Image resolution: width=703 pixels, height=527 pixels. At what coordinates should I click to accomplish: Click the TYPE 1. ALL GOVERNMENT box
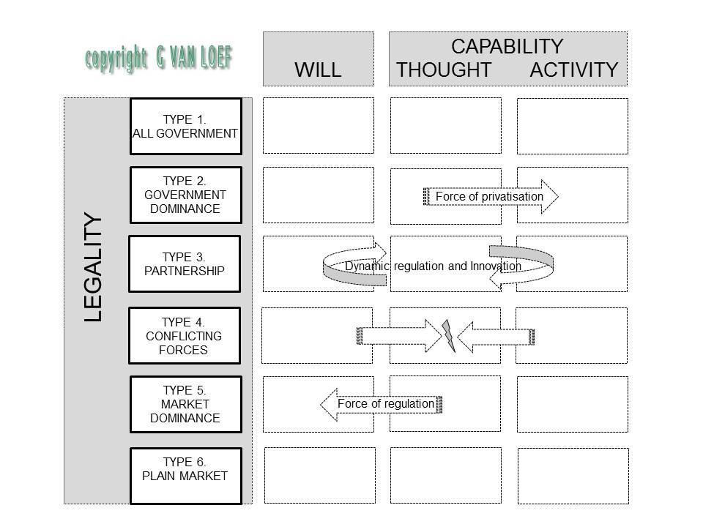(185, 127)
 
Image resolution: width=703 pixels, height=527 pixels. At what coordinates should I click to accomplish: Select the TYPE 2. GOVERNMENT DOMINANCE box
(185, 195)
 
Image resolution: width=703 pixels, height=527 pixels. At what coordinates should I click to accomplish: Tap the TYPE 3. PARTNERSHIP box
(185, 263)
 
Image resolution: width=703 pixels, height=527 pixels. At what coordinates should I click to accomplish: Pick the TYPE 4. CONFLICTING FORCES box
(185, 335)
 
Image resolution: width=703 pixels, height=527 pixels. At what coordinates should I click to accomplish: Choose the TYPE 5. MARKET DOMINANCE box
(185, 404)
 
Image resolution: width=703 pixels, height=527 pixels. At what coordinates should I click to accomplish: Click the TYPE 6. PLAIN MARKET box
(185, 476)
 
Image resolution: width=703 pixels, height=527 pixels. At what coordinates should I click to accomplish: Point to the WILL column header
(318, 70)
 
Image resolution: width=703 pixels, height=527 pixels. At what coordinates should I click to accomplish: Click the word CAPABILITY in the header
(507, 47)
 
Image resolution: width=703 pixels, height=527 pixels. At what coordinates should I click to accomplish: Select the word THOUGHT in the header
(444, 70)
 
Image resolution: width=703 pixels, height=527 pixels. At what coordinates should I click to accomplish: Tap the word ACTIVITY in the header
(574, 70)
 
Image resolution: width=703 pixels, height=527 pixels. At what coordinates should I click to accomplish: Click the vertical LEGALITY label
(93, 267)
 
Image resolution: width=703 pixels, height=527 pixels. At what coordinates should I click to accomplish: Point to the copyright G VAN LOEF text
(159, 59)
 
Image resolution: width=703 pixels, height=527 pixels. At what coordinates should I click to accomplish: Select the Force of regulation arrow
(381, 404)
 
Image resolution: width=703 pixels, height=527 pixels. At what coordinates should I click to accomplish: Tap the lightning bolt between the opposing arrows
(447, 335)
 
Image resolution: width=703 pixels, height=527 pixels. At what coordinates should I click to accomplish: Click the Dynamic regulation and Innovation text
(433, 266)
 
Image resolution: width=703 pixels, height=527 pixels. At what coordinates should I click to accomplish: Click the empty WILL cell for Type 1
(318, 126)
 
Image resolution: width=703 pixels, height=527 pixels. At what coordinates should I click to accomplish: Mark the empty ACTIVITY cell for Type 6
(573, 476)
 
